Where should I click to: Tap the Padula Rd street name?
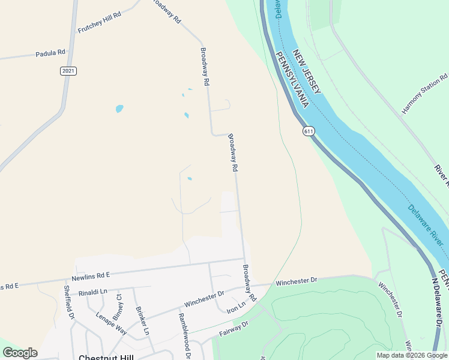50,53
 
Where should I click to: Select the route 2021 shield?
68,71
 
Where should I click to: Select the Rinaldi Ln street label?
92,292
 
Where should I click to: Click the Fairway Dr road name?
234,329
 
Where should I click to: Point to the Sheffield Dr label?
68,302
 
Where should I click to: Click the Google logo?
20,353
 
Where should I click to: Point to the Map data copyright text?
411,355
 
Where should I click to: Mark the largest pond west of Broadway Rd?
119,109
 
